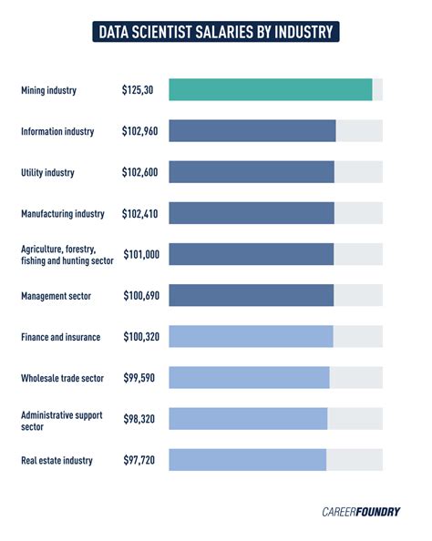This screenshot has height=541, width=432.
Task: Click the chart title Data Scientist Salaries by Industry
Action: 216,33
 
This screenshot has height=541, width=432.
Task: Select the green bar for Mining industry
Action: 271,90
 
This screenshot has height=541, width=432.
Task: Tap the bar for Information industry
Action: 252,131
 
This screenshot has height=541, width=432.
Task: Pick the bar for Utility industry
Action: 252,172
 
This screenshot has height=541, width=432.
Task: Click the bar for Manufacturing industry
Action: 252,213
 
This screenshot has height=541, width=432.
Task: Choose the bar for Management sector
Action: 252,295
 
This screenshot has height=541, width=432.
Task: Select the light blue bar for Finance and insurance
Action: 251,337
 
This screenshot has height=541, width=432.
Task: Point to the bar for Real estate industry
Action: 247,460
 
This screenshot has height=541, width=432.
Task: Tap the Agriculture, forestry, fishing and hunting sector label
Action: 67,255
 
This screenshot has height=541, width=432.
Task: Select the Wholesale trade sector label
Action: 62,378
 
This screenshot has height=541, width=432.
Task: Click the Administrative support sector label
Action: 60,419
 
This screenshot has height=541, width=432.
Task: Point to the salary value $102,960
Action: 140,131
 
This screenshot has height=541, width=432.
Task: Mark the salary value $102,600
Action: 140,172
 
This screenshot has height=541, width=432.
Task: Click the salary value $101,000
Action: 140,255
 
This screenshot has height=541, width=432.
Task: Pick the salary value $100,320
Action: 140,337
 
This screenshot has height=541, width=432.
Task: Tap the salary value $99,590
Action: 139,378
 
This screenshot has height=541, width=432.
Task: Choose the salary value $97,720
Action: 139,460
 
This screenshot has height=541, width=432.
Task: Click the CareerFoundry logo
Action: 361,511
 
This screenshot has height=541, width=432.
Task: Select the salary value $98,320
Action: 139,419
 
